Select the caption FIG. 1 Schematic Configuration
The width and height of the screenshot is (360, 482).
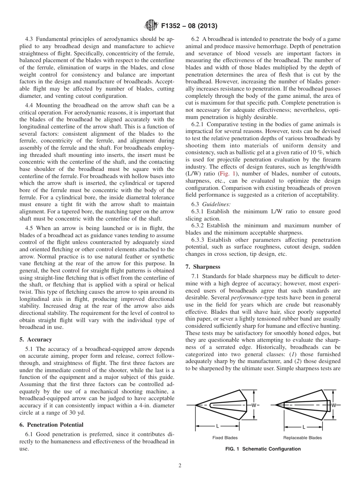(262, 449)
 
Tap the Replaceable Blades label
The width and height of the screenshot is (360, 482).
(302, 438)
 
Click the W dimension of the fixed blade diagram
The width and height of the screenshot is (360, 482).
(254, 405)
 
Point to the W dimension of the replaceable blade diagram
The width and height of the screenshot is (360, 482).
(334, 405)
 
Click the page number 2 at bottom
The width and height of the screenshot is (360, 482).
(180, 466)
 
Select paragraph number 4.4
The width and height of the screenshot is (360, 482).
(30, 105)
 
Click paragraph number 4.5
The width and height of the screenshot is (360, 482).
(30, 228)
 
